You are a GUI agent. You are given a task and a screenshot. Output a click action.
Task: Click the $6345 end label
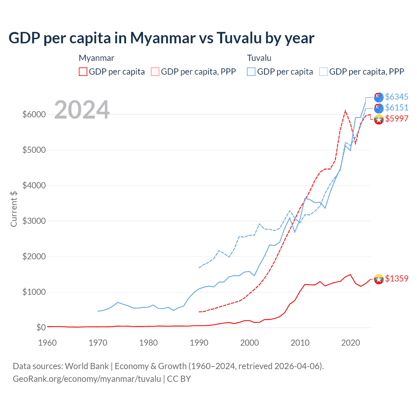pos(396,97)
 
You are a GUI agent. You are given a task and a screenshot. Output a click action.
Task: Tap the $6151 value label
pos(396,108)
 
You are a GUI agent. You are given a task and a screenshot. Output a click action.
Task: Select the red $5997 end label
pos(396,119)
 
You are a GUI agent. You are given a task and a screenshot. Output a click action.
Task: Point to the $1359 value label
pos(396,279)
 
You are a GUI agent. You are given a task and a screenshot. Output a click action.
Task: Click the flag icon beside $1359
pos(379,279)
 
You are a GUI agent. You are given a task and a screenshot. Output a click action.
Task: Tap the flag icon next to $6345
pos(379,97)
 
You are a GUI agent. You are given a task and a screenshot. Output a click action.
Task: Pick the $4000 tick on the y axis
pos(34,185)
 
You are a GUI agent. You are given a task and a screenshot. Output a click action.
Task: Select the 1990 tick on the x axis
pos(199,343)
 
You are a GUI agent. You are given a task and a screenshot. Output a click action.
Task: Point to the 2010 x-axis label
pos(300,343)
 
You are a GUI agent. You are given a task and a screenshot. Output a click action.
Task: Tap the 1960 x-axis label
pos(48,343)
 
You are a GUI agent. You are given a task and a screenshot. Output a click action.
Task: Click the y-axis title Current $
pos(14,209)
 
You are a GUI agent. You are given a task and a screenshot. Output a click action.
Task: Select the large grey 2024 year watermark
pos(82,109)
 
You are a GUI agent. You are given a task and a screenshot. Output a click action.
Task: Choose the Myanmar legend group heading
pos(96,58)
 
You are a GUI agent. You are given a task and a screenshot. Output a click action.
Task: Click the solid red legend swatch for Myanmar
pos(83,72)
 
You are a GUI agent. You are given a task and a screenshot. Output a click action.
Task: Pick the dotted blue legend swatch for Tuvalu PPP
pos(324,72)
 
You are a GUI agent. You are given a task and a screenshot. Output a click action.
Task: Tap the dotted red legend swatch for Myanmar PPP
pos(155,72)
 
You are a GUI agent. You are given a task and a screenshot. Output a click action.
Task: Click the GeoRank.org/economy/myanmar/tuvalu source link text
pos(87,379)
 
